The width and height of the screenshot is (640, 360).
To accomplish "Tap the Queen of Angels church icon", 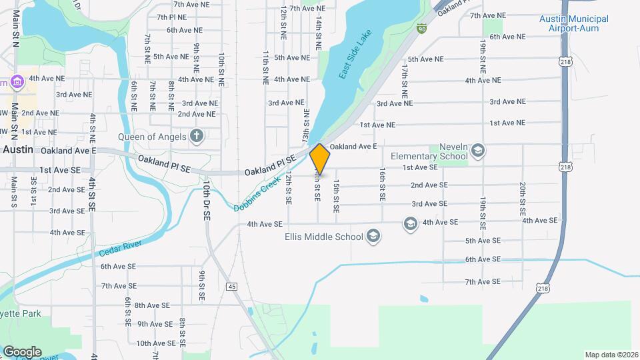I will coord(197,137).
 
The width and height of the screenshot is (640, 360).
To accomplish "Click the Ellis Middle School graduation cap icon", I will coord(373,236).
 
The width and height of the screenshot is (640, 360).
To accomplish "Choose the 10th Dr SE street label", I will coord(207,201).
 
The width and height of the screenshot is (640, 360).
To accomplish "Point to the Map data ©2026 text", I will coord(611,355).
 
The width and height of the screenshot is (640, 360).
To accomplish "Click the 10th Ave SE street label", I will coord(156,343).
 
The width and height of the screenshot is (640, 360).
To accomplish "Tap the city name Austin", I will coord(17,150).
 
